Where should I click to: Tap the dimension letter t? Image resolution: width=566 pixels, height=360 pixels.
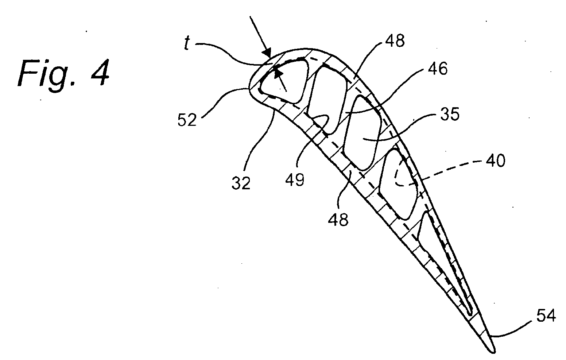187,43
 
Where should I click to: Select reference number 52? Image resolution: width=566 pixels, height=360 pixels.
187,120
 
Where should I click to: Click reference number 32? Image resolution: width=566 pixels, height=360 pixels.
241,183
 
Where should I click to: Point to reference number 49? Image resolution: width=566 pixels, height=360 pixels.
295,180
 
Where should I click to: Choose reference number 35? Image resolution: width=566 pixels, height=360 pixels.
450,114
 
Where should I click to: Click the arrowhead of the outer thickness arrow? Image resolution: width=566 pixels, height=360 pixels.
267,52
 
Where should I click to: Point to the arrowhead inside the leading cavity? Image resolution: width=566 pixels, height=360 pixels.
278,72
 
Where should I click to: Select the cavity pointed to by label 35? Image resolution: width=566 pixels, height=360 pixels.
363,133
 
